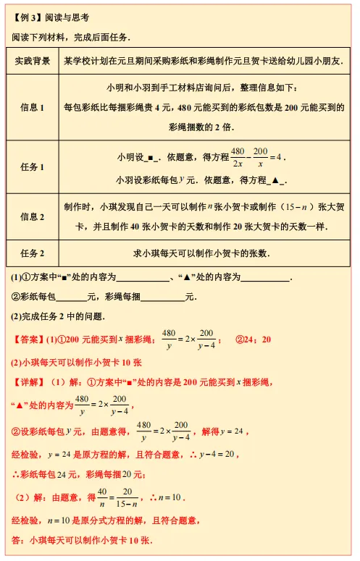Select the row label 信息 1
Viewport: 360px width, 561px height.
[33, 107]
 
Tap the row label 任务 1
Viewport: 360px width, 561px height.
[33, 166]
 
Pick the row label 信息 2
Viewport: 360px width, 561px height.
[33, 216]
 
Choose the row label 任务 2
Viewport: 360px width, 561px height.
[33, 253]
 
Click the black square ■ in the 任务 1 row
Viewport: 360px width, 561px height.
[148, 157]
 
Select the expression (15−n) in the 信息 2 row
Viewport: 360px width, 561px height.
[292, 206]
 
